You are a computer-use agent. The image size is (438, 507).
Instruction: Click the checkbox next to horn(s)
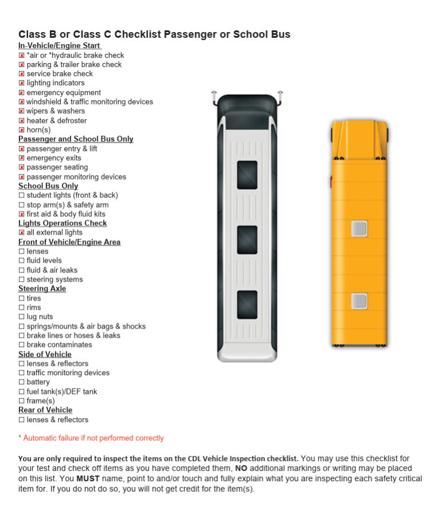[x=22, y=130]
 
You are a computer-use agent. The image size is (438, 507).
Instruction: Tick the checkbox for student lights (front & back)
[x=22, y=196]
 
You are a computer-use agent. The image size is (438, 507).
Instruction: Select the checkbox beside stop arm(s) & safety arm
[x=22, y=205]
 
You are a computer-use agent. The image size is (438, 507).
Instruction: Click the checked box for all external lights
[x=22, y=233]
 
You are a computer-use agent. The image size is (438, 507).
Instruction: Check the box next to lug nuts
[x=22, y=317]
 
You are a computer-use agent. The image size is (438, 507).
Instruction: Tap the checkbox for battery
[x=22, y=382]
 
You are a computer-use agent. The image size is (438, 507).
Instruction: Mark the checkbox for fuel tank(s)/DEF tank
[x=22, y=392]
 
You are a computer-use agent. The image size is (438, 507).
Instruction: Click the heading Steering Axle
[x=42, y=288]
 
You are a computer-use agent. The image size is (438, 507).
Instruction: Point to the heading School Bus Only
[x=48, y=186]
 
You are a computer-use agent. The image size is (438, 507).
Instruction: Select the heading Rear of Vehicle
[x=45, y=410]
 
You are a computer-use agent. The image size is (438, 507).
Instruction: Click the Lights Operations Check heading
[x=63, y=223]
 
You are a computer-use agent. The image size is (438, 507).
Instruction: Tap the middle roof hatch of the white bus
[x=247, y=240]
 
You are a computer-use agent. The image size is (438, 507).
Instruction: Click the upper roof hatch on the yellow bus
[x=359, y=228]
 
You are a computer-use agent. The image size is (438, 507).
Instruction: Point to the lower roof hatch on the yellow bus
[x=359, y=301]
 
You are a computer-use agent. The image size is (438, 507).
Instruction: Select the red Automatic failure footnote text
[x=91, y=438]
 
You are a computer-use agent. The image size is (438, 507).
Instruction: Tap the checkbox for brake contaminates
[x=22, y=345]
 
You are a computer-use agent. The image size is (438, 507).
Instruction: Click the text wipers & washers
[x=56, y=111]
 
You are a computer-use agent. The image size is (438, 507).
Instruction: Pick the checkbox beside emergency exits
[x=22, y=158]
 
